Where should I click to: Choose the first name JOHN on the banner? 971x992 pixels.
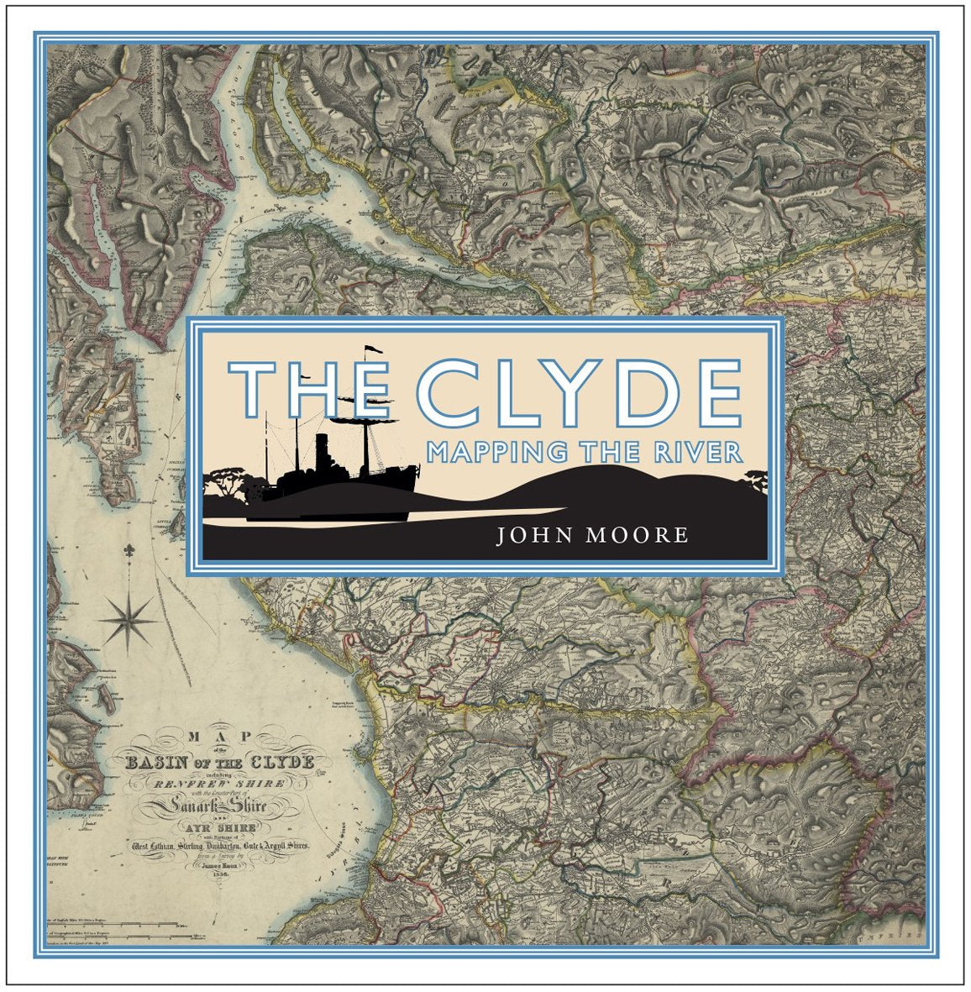(x=531, y=535)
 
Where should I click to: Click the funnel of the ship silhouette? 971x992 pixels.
(x=322, y=454)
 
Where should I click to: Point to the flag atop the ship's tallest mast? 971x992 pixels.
(x=371, y=351)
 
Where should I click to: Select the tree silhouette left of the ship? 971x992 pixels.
(x=228, y=482)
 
